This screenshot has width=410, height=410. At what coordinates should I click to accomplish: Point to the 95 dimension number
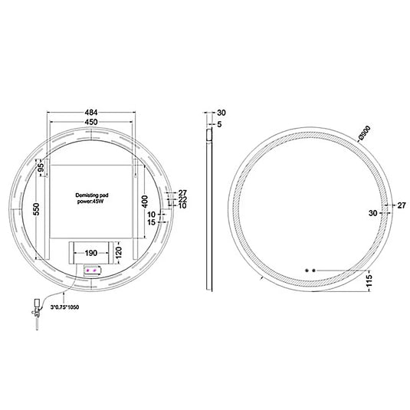tap(39, 168)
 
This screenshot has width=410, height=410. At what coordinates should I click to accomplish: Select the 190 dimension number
tap(90, 251)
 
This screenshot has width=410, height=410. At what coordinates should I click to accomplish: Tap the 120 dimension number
tap(119, 251)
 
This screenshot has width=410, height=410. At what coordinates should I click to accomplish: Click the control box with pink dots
tap(93, 271)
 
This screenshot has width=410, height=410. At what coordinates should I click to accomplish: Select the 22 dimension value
tap(182, 199)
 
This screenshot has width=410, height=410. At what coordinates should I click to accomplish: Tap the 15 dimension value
tap(153, 222)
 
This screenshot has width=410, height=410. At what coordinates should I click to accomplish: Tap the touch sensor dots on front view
tap(310, 270)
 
